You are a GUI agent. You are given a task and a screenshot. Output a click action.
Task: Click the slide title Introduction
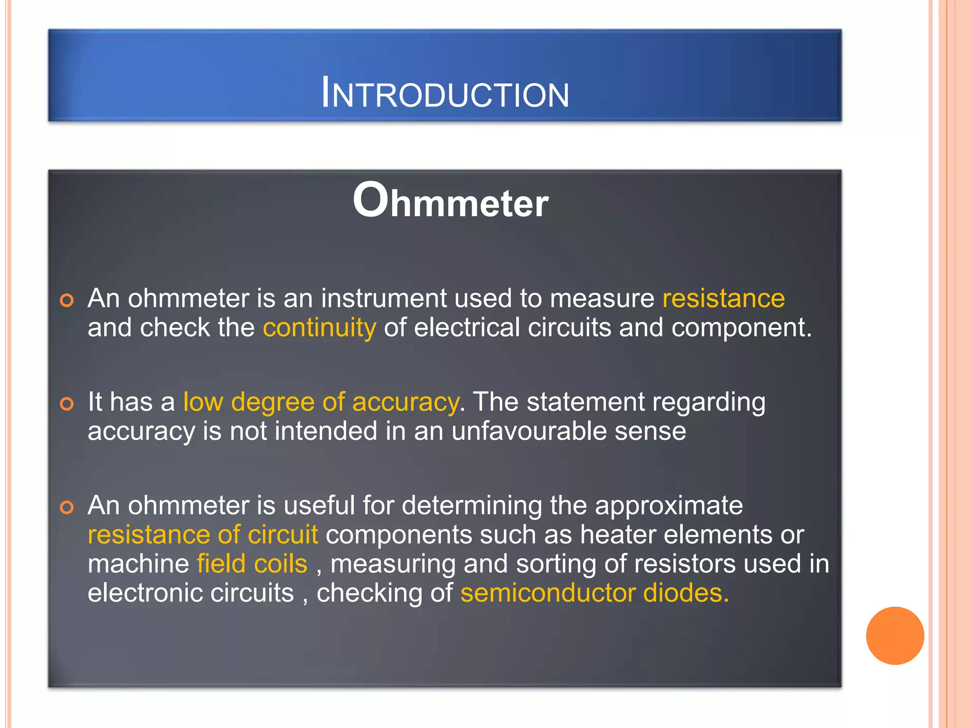point(445,93)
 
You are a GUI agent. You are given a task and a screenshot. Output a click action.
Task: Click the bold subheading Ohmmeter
point(450,201)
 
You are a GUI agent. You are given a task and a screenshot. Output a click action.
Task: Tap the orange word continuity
point(320,328)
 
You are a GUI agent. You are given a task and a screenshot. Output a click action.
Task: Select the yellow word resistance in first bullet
point(724,299)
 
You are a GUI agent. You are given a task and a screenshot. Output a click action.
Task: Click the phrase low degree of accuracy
point(321,402)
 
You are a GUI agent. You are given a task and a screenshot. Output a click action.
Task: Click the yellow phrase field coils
point(252,564)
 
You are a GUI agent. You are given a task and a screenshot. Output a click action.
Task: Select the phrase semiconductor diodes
point(594,593)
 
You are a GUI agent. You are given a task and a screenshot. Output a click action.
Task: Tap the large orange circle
point(895,636)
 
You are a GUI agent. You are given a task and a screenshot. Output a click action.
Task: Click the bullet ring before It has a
point(67,404)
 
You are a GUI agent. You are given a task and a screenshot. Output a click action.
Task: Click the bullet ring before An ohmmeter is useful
point(67,508)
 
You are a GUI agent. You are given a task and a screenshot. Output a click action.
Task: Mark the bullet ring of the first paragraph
point(67,300)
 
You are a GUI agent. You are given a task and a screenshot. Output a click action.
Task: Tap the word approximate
point(669,506)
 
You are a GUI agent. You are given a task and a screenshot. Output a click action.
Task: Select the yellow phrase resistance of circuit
point(202,535)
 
